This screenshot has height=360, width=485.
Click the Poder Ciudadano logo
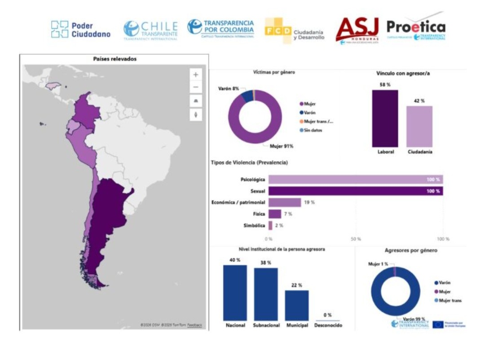(81, 29)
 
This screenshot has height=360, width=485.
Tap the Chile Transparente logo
(150, 30)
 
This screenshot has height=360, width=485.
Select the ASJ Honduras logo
(358, 30)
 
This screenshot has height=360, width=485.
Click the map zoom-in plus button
(195, 75)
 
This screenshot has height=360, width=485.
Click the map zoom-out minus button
(195, 88)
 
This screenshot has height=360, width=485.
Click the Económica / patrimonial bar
(285, 202)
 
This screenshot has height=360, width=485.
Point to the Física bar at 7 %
(275, 214)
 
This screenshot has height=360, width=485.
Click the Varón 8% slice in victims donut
(247, 96)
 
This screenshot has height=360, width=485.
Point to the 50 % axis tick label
(356, 239)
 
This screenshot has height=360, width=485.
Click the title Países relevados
(115, 59)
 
